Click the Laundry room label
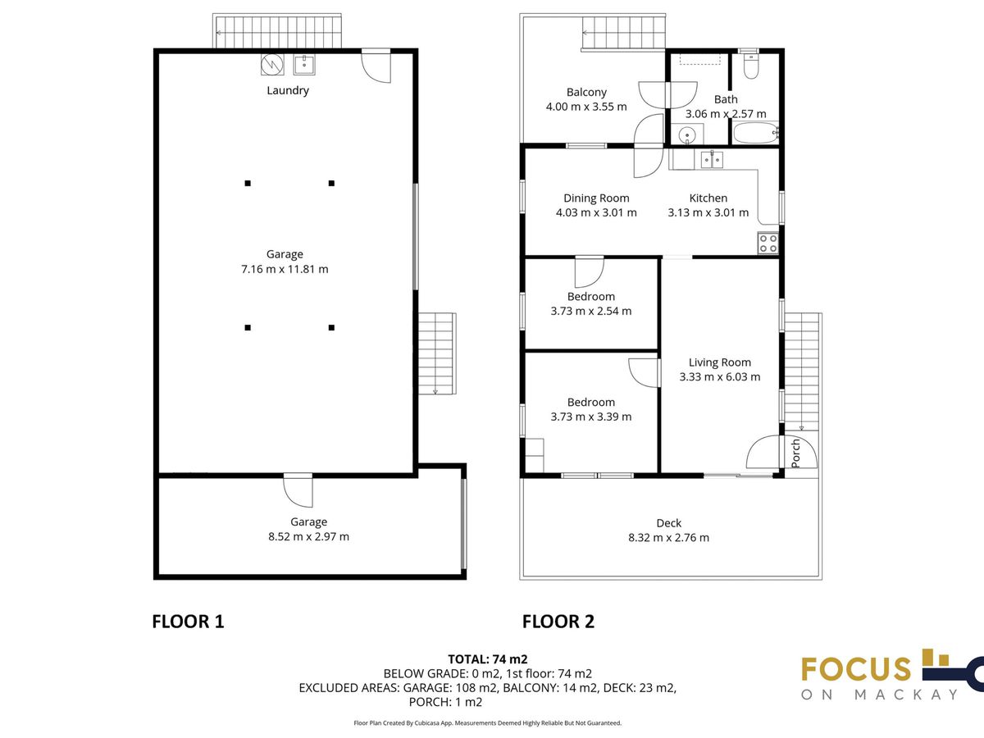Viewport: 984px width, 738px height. (287, 90)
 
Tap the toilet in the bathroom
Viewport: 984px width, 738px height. (751, 66)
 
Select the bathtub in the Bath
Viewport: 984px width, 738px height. (756, 133)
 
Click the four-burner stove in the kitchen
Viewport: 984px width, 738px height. (768, 244)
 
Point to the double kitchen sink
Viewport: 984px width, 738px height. (712, 160)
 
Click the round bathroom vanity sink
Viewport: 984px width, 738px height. (687, 134)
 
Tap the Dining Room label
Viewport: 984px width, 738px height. (596, 198)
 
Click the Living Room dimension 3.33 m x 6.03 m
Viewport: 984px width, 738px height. (719, 377)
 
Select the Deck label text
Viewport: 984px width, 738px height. (669, 523)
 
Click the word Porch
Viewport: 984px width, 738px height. (795, 453)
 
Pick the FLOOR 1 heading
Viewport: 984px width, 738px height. (188, 622)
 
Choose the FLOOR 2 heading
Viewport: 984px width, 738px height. (558, 622)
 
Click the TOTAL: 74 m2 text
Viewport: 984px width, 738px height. (488, 659)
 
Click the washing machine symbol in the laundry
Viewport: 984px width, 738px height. (272, 65)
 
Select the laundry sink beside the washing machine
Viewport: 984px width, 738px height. (304, 65)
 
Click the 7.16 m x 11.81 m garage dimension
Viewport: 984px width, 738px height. (285, 269)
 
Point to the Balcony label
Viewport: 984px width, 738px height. (586, 93)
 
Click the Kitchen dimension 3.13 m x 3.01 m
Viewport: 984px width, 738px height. (708, 212)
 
